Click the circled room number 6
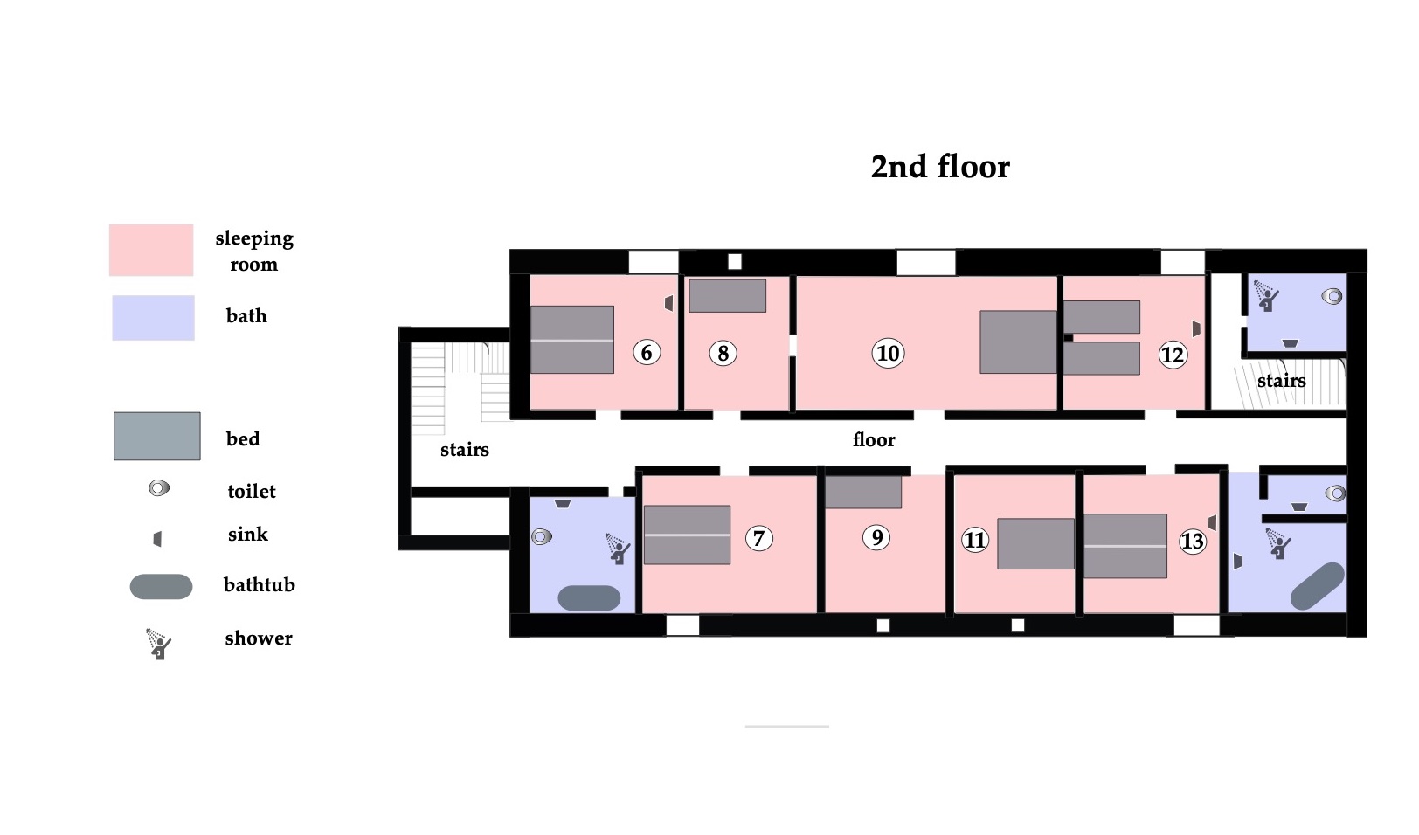point(647,353)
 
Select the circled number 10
point(888,353)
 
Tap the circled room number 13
point(1193,542)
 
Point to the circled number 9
point(876,537)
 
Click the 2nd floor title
point(940,167)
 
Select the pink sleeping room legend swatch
point(151,250)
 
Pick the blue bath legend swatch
point(153,318)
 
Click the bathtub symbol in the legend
point(161,586)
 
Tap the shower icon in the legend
point(158,644)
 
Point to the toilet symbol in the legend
point(159,488)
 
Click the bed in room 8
point(727,295)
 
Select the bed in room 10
point(1018,342)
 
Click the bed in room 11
point(1035,544)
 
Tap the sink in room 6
point(668,303)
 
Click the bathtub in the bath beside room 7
point(589,597)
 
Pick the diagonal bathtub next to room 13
point(1318,586)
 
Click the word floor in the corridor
point(874,440)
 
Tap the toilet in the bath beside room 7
point(542,537)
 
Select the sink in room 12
point(1196,328)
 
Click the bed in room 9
point(862,492)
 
